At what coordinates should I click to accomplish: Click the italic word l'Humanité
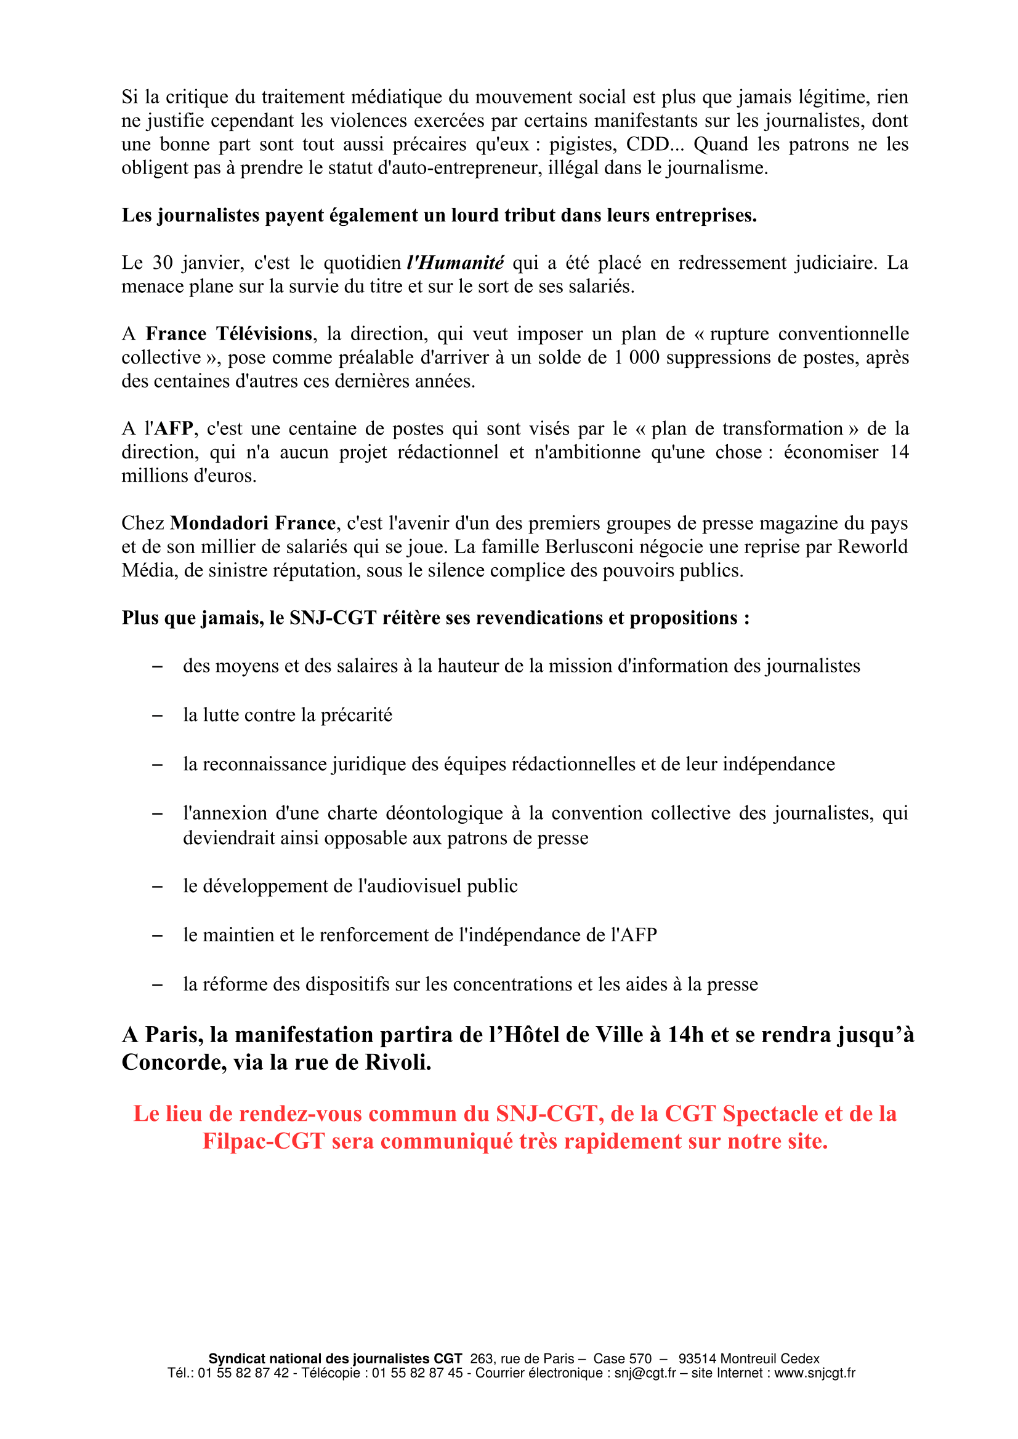454,263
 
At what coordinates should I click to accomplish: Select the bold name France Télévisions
229,333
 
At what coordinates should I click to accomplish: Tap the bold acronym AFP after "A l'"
174,429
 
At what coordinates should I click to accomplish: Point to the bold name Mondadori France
252,523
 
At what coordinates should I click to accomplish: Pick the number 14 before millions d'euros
899,452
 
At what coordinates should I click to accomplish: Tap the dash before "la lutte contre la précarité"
158,715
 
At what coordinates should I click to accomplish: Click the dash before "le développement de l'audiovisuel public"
158,886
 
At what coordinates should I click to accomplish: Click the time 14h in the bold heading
685,1035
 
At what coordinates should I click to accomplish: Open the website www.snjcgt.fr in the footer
814,1373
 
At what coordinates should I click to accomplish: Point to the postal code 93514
698,1359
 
